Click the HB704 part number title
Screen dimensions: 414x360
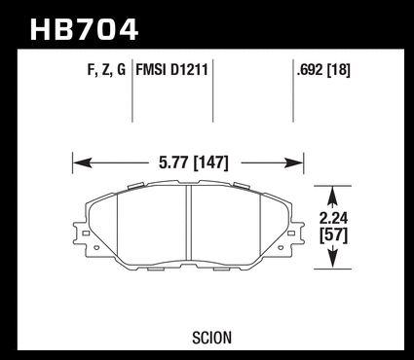tap(85, 30)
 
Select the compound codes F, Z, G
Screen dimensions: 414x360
tap(106, 70)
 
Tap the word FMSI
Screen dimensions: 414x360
tap(151, 70)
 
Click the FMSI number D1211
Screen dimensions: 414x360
tap(189, 70)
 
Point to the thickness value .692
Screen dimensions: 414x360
tap(310, 70)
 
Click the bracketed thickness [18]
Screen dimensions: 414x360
tap(339, 70)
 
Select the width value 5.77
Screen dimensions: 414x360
tap(173, 162)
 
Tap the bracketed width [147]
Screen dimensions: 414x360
tap(211, 162)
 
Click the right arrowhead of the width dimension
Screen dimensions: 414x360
tap(293, 162)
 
